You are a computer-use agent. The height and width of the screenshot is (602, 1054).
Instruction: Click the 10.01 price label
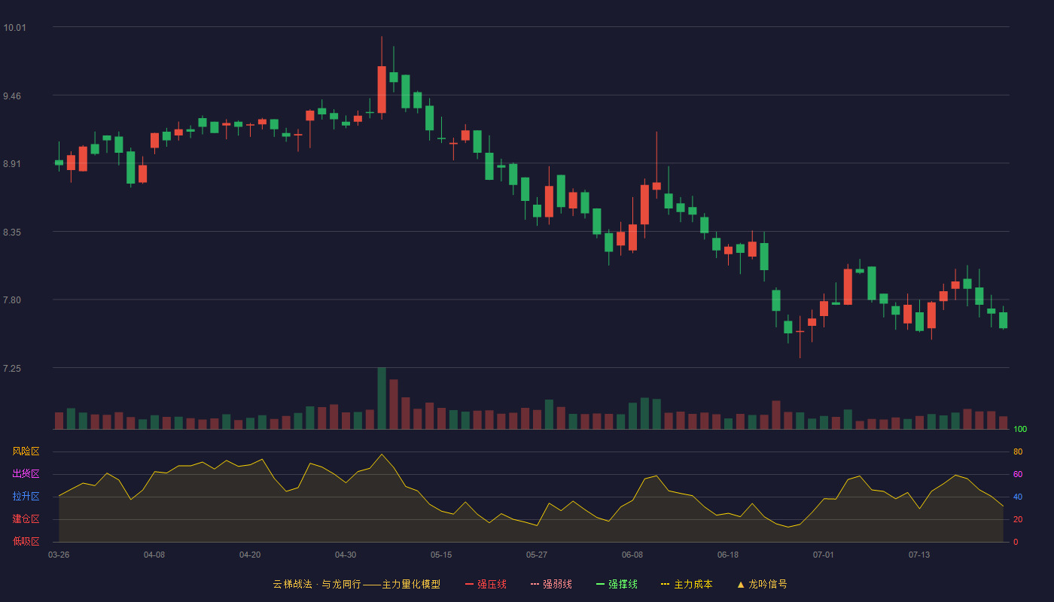pos(14,28)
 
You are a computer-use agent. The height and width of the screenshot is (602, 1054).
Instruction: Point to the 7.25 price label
pos(12,369)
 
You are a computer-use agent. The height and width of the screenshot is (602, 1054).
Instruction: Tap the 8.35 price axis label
pos(12,233)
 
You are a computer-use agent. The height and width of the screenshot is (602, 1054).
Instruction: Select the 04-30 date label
pos(346,555)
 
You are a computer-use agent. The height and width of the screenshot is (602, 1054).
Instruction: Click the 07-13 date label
pos(919,555)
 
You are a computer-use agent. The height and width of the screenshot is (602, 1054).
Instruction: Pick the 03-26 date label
pos(59,555)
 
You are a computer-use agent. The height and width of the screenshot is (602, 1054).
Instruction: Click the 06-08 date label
pos(632,555)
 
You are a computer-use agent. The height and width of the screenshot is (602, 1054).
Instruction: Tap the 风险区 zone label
pos(26,451)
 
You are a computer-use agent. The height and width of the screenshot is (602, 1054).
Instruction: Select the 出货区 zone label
pos(26,473)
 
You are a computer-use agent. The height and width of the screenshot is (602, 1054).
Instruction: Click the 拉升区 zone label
pos(26,496)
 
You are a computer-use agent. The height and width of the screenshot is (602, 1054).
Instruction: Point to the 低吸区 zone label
pos(26,541)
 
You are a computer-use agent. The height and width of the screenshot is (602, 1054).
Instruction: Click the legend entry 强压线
pos(486,584)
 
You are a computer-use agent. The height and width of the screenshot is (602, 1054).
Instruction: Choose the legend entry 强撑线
pos(617,584)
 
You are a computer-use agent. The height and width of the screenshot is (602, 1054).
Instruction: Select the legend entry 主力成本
pos(687,584)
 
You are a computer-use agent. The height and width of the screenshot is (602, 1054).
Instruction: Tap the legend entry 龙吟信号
pos(762,584)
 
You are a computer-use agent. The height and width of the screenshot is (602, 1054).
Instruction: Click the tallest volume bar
pos(382,398)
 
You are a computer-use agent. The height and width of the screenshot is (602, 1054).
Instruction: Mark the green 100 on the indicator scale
pos(1020,429)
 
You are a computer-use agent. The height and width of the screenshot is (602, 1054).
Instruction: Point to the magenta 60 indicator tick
pos(1018,474)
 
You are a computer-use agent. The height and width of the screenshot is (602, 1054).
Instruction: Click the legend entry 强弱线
pos(551,584)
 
